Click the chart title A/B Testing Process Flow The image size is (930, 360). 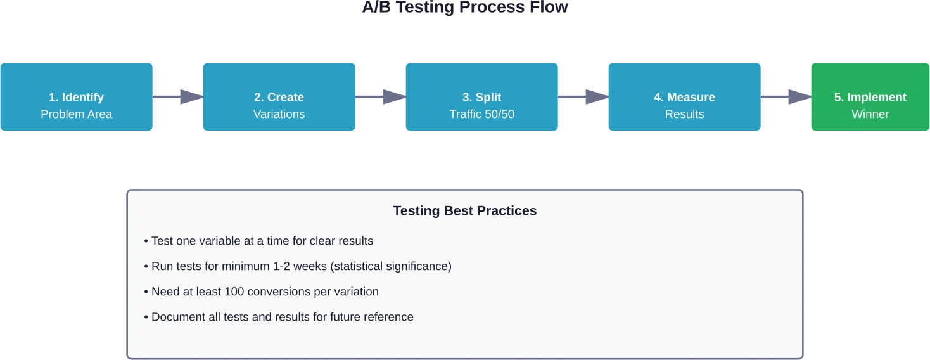[x=465, y=7]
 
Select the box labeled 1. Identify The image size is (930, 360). [x=77, y=97]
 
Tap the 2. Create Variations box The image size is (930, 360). [x=279, y=97]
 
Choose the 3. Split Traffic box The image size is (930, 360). [x=481, y=97]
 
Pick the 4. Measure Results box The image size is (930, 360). [x=685, y=97]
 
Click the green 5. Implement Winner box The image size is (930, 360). [x=870, y=97]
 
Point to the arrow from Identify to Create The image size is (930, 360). [x=177, y=97]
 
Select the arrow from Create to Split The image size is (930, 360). [x=380, y=97]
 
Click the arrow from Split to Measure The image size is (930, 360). [x=583, y=97]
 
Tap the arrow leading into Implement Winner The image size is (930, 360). [x=786, y=97]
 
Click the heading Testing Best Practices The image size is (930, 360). [x=465, y=210]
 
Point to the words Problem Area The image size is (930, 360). [x=77, y=114]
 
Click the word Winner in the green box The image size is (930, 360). [x=870, y=114]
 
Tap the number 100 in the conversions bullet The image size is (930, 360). [x=234, y=292]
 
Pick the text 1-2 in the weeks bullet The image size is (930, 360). [x=281, y=266]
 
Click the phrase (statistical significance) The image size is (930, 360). [x=391, y=266]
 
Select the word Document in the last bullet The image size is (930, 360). [x=179, y=317]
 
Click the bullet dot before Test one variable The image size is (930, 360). [x=146, y=241]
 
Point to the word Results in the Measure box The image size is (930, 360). [x=685, y=114]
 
